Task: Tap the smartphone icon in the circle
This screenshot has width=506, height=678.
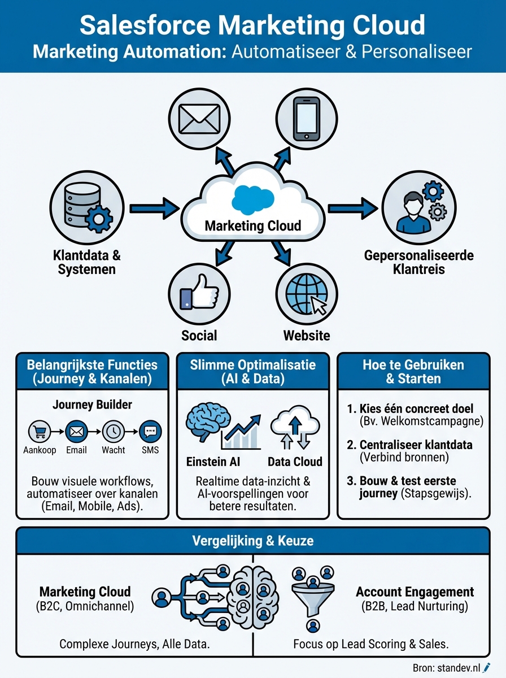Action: click(307, 120)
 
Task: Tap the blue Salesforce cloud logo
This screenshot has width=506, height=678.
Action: click(252, 199)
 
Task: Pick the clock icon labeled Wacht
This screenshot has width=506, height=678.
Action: click(114, 432)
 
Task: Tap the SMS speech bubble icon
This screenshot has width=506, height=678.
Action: click(150, 432)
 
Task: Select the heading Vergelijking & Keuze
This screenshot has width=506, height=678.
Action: click(252, 541)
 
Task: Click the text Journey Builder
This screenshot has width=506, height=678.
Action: click(91, 405)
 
